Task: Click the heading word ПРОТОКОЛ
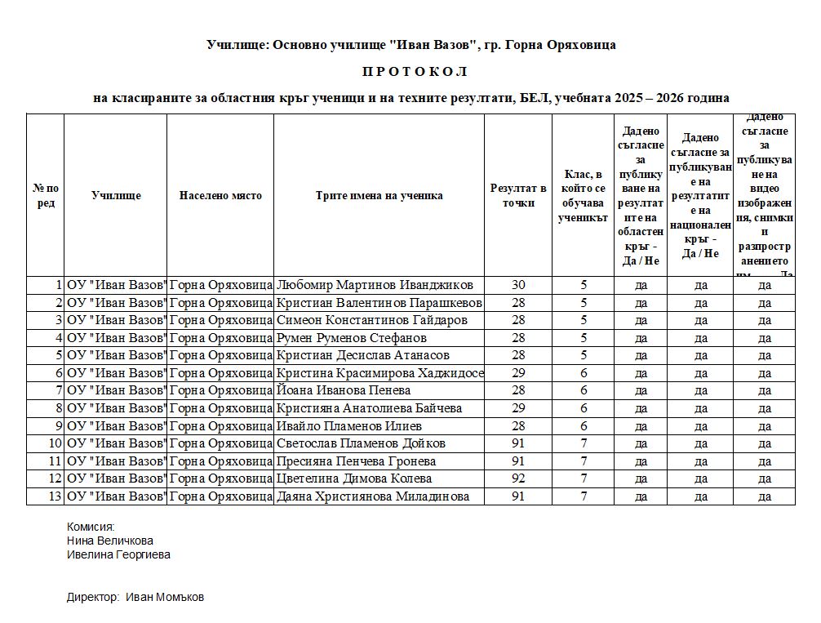tap(410, 72)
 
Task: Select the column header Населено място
tap(220, 196)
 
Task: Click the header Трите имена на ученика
tap(379, 196)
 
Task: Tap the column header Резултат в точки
tap(518, 196)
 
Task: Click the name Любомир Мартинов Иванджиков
tap(375, 285)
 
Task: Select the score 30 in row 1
tap(518, 285)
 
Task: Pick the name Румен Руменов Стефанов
tap(352, 338)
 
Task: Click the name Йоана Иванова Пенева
tap(344, 391)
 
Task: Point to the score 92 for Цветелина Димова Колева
tap(518, 478)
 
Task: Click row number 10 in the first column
tap(55, 443)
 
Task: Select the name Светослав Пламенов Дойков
tap(362, 443)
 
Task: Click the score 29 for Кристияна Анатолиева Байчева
tap(518, 408)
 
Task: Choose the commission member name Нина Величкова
tap(109, 541)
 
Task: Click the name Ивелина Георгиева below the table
tap(118, 554)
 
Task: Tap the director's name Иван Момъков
tap(165, 597)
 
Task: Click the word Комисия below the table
tap(91, 527)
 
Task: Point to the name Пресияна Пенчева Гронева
tap(357, 461)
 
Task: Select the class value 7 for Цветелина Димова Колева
tap(584, 478)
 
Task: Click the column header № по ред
tap(46, 196)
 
